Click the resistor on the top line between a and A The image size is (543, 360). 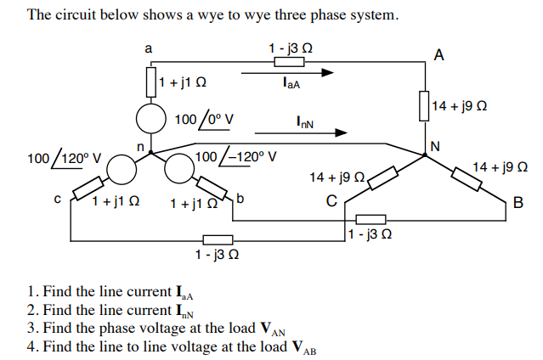289,60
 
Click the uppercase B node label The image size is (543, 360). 518,201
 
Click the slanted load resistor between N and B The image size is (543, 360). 469,178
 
